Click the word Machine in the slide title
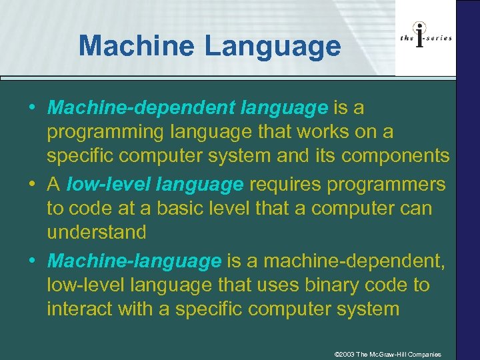(x=136, y=46)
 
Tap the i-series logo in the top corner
(x=425, y=38)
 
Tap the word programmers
(x=391, y=183)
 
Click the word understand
(x=96, y=232)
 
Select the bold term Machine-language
(x=134, y=261)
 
